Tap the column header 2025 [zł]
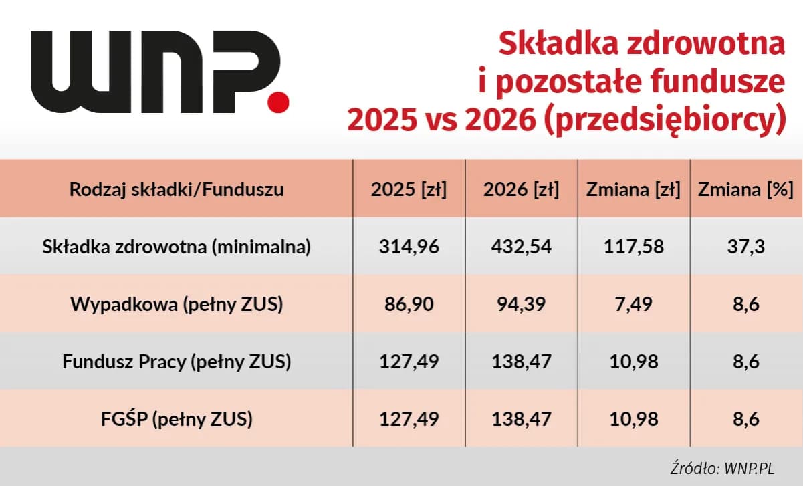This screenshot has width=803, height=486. (409, 189)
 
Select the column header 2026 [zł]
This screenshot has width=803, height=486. (521, 189)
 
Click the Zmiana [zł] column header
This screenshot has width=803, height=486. (633, 189)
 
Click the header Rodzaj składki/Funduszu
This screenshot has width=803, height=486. (177, 189)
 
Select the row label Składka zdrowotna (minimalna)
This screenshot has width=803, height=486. (177, 247)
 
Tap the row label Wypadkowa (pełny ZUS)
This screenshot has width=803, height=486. (177, 304)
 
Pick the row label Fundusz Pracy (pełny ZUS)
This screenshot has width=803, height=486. (177, 362)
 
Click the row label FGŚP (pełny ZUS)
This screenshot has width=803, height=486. (177, 419)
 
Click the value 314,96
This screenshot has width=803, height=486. (409, 247)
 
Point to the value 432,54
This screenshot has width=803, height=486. (521, 247)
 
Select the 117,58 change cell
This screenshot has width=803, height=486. (633, 247)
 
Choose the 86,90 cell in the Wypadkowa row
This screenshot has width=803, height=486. (409, 304)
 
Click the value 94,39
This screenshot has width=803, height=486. (521, 304)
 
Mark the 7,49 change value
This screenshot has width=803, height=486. (633, 304)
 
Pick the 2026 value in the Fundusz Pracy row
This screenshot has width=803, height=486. (521, 362)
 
